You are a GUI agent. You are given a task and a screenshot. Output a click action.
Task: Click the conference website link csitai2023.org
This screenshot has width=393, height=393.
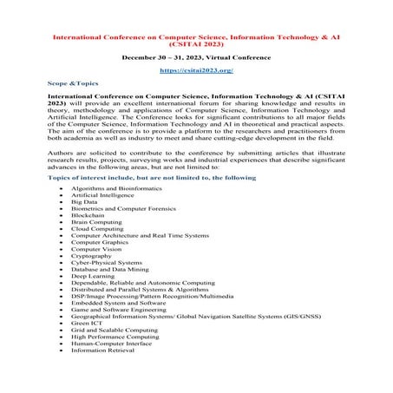coord(196,69)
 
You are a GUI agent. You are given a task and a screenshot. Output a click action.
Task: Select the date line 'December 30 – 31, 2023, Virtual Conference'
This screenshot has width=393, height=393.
coord(196,53)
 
